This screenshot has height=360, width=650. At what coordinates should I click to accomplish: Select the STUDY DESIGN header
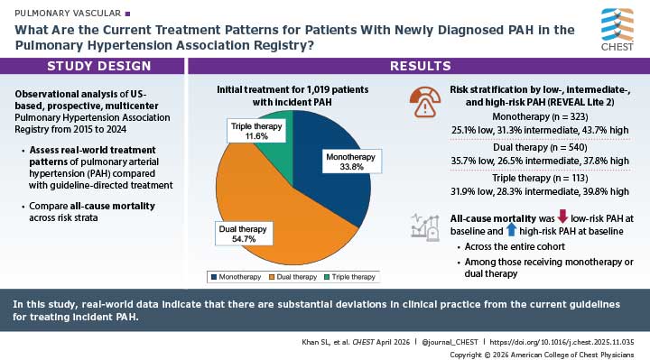pyautogui.click(x=92, y=66)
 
